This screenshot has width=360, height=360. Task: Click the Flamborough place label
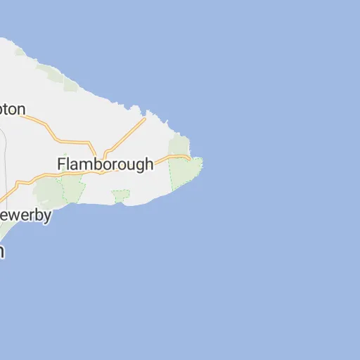point(105,165)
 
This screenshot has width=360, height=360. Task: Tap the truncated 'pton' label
point(13,110)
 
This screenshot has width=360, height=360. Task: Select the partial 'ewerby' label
point(25,215)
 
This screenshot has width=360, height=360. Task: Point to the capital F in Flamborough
point(61,165)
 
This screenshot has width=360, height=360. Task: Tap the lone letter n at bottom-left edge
point(2,252)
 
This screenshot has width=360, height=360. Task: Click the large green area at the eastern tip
point(186,172)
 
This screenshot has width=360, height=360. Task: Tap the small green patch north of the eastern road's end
point(179,145)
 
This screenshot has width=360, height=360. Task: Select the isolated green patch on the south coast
point(121,195)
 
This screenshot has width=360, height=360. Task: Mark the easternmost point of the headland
point(202,161)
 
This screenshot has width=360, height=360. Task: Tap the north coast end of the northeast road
point(145,119)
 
